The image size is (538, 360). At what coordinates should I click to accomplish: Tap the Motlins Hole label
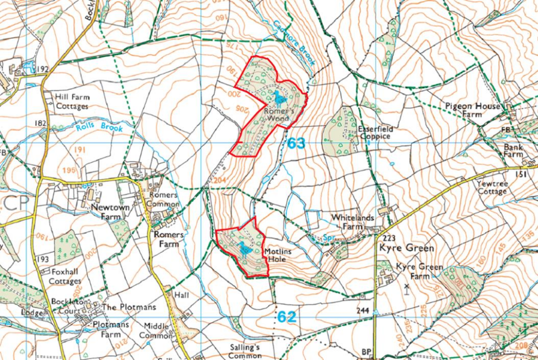(x=279, y=255)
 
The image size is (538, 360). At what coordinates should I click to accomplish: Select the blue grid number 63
(x=296, y=143)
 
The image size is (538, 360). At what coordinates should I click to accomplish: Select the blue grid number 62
(x=287, y=317)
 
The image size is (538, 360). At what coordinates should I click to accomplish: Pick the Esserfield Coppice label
(x=375, y=132)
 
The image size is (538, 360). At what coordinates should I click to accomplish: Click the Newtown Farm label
(x=110, y=211)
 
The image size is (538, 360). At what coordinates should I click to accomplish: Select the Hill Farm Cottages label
(x=72, y=102)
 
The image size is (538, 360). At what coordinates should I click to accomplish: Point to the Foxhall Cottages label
(x=65, y=276)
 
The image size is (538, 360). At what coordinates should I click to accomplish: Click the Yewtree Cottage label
(x=492, y=188)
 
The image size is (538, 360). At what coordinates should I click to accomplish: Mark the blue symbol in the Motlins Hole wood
(x=243, y=248)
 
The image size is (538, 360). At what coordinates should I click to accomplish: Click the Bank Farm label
(x=513, y=151)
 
